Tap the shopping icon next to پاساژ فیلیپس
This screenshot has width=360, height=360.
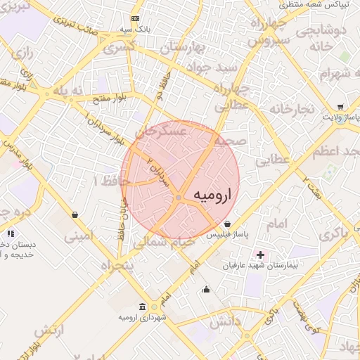click(x=226, y=224)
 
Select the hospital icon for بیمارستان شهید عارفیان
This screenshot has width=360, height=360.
click(x=261, y=254)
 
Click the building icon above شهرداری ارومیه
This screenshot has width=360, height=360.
click(x=143, y=307)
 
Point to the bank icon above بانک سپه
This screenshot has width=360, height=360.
click(x=136, y=18)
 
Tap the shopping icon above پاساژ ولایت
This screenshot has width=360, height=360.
click(x=341, y=105)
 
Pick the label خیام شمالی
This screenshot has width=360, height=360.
click(x=166, y=241)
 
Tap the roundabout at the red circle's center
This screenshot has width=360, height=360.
click(x=180, y=198)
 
